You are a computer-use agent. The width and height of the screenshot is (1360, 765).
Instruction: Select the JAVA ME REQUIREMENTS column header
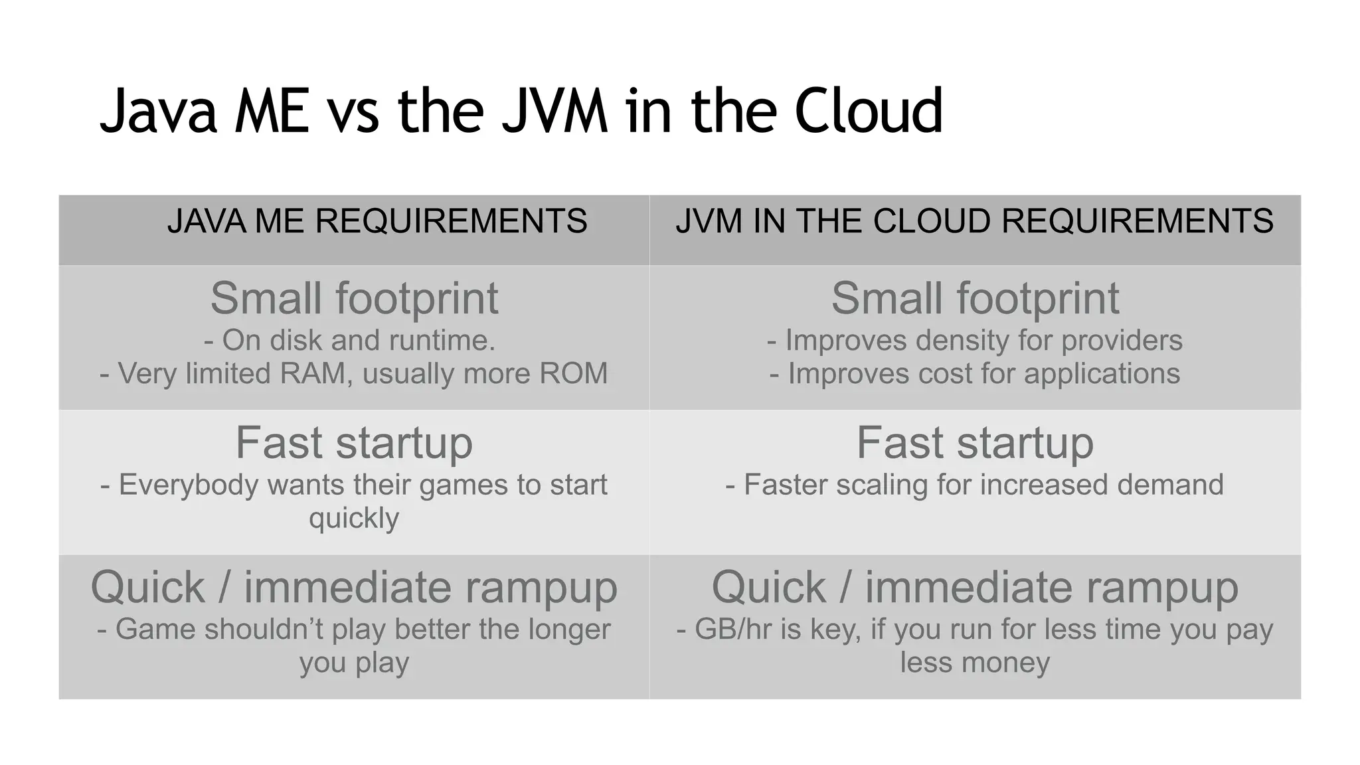(x=377, y=221)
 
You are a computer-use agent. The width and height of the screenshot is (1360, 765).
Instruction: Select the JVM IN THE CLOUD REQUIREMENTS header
(x=974, y=221)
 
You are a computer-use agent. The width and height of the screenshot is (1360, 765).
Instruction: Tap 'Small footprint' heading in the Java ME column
(x=354, y=298)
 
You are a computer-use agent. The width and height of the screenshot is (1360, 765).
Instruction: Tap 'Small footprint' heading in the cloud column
(x=975, y=298)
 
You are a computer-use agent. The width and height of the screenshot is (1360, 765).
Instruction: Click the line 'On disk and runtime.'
(x=350, y=341)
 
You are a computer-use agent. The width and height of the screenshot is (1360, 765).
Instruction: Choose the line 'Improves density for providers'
(x=975, y=341)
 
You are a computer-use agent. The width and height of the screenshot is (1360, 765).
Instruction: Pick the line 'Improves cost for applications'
(x=975, y=373)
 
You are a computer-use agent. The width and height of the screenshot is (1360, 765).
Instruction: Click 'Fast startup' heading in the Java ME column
(x=354, y=443)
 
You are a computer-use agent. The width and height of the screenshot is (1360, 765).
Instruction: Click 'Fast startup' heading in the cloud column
(x=975, y=443)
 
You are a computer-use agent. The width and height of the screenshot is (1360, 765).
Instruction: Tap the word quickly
(x=354, y=518)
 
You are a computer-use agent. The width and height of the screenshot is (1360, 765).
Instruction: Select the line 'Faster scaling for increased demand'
(x=975, y=485)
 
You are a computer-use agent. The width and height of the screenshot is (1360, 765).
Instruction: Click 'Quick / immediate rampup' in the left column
(x=354, y=588)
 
